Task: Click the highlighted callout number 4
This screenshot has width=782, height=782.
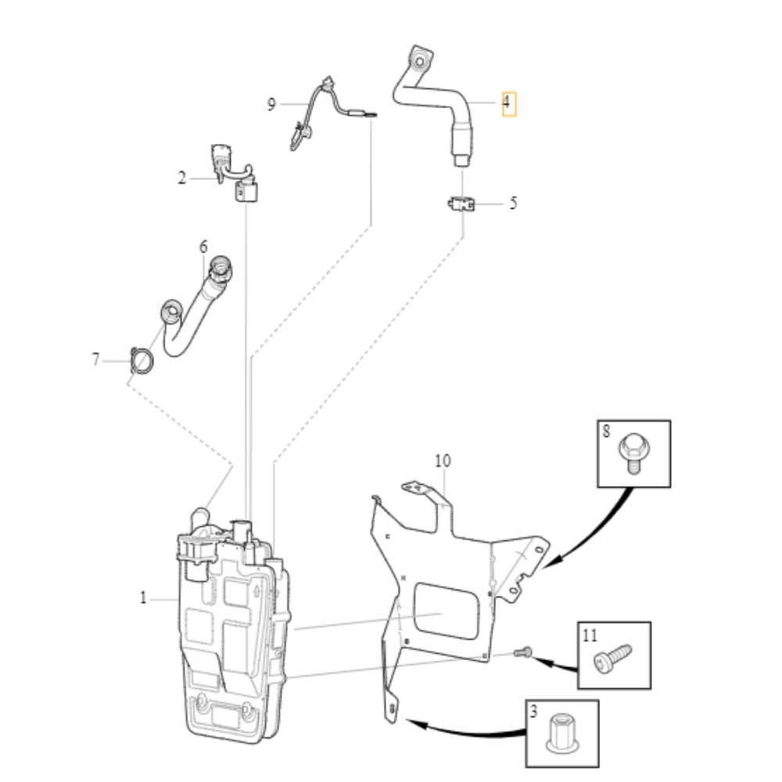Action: [508, 103]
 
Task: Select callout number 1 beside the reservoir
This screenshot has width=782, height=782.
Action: [143, 598]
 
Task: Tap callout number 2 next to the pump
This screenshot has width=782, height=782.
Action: [182, 178]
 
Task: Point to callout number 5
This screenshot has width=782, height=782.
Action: [513, 203]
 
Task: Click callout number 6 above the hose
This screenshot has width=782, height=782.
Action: [203, 247]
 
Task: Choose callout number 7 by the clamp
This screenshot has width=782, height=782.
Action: [96, 360]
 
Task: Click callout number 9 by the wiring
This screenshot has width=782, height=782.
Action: [271, 104]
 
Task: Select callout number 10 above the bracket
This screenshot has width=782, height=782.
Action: [443, 461]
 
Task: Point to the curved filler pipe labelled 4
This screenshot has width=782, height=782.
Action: [438, 98]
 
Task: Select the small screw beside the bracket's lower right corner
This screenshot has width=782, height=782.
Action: [525, 651]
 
